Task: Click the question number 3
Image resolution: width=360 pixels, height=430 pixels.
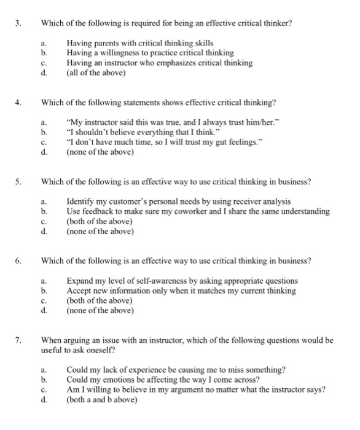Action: pyautogui.click(x=18, y=24)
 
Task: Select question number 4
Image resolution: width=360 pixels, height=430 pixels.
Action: pyautogui.click(x=18, y=102)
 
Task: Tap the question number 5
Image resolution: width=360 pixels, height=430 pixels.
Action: pyautogui.click(x=18, y=181)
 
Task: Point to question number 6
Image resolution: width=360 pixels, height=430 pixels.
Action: pyautogui.click(x=18, y=260)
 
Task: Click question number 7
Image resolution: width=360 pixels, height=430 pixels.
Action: pyautogui.click(x=18, y=339)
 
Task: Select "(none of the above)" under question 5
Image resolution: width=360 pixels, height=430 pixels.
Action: pyautogui.click(x=100, y=231)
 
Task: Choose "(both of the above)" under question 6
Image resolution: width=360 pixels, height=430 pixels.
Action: pyautogui.click(x=100, y=300)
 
